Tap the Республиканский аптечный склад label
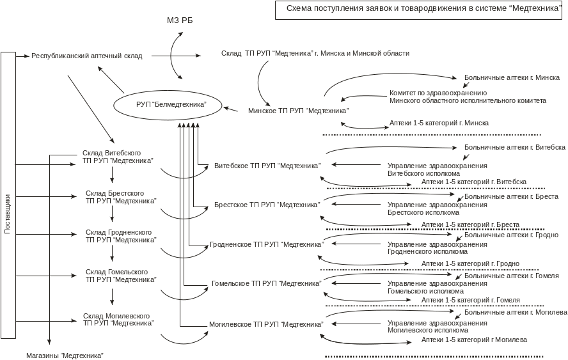(86, 56)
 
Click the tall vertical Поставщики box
(8, 195)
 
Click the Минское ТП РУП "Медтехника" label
(297, 111)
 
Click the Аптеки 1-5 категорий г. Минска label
(439, 122)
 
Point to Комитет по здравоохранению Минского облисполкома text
(467, 97)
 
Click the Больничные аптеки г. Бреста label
(512, 197)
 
